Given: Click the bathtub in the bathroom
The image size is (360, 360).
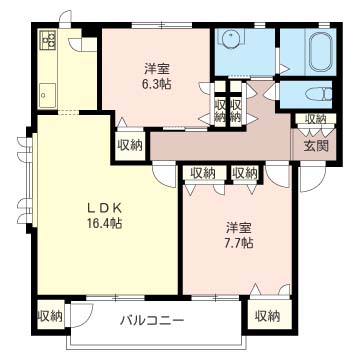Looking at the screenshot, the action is (x=321, y=52).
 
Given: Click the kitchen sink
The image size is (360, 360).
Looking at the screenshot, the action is (x=47, y=95).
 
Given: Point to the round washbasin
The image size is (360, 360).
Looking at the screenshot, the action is (x=229, y=38).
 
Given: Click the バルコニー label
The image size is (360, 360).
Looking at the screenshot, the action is (x=152, y=321).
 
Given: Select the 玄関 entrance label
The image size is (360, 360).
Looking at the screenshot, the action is (x=316, y=146).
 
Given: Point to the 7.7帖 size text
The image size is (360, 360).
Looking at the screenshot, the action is (x=238, y=243).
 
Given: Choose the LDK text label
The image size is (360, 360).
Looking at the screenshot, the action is (x=103, y=208).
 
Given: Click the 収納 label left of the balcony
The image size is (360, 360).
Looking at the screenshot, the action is (x=50, y=316).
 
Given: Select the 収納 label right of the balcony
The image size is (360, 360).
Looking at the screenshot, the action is (x=268, y=316).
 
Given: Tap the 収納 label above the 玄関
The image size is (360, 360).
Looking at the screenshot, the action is (x=316, y=119).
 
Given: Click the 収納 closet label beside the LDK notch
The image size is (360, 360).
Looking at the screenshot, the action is (x=130, y=145).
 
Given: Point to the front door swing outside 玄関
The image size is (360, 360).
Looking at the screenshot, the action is (x=313, y=178).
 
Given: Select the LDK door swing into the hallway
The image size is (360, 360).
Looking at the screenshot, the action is (x=164, y=174).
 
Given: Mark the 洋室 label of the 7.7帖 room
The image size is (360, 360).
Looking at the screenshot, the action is (x=238, y=228).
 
